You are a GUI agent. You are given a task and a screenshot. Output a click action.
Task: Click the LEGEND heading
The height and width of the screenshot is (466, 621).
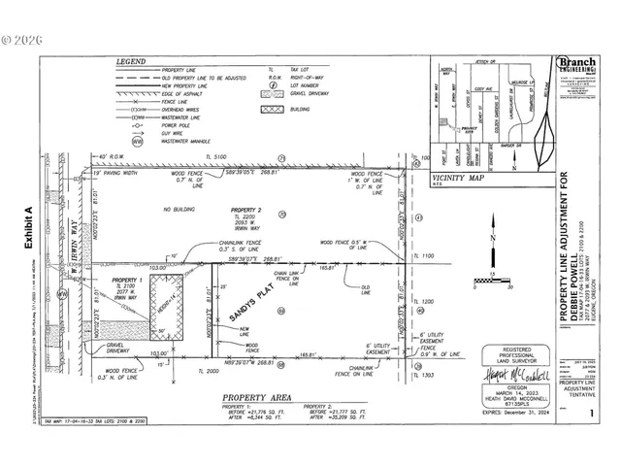tap(132, 60)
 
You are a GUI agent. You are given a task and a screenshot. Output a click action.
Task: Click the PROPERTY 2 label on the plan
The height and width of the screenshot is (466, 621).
tap(245, 210)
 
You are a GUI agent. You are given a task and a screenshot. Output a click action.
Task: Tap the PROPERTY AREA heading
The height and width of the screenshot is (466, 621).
tap(258, 398)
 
